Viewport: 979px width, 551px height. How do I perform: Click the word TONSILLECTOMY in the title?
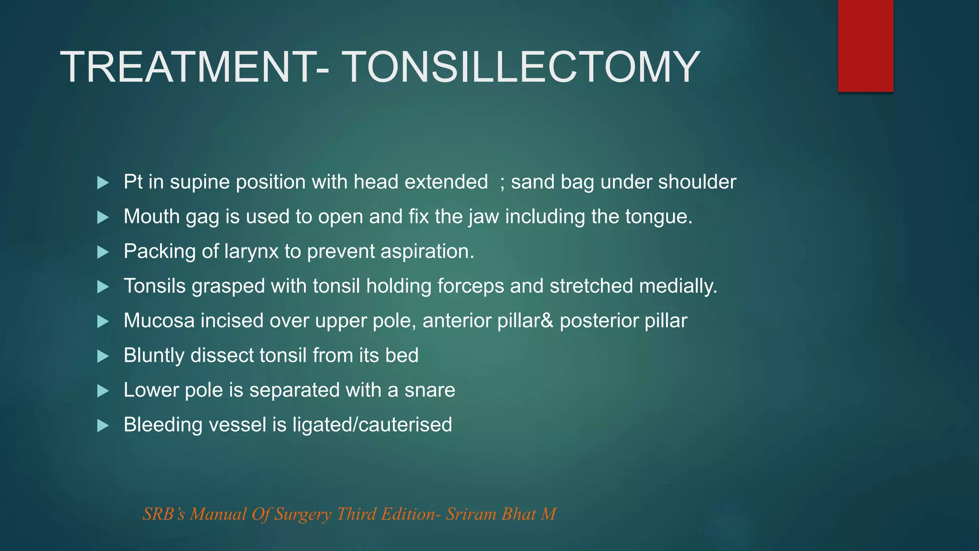click(x=521, y=68)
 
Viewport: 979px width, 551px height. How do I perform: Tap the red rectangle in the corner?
click(x=865, y=46)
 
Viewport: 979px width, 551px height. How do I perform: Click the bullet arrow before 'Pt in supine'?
click(x=103, y=183)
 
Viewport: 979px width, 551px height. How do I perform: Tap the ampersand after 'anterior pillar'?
click(x=548, y=321)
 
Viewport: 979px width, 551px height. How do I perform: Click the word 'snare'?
click(x=429, y=390)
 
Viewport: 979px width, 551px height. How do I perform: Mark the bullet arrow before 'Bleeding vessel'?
click(x=103, y=425)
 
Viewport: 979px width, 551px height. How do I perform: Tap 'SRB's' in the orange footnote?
click(x=163, y=514)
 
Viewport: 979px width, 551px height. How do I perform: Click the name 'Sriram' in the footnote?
click(x=471, y=514)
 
